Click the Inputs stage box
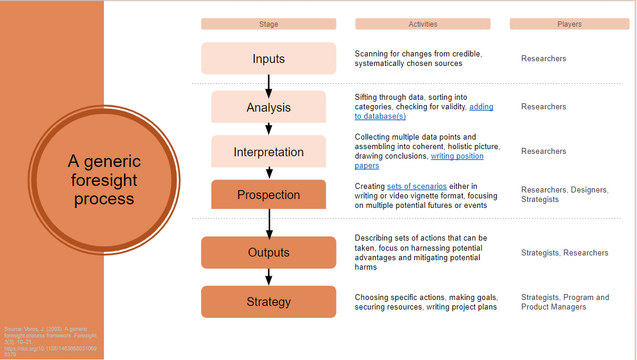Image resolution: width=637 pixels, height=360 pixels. [268, 59]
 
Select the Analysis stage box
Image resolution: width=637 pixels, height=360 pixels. [268, 108]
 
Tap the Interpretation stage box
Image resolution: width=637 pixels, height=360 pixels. [268, 152]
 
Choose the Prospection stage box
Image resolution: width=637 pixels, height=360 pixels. [268, 195]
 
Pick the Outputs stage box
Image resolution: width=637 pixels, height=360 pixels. [268, 252]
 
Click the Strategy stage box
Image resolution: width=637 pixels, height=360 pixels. [268, 302]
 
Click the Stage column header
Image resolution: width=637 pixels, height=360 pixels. [268, 24]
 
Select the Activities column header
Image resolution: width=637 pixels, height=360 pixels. [423, 24]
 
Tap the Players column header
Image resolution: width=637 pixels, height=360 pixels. [569, 24]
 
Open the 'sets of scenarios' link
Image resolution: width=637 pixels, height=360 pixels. [417, 187]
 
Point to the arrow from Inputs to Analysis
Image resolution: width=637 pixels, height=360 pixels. [268, 86]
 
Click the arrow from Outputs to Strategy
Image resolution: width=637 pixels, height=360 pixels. [268, 277]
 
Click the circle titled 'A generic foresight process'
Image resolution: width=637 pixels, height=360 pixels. [104, 180]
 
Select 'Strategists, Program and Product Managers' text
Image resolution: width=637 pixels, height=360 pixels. [565, 302]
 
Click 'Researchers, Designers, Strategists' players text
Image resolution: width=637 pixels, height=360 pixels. [565, 195]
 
